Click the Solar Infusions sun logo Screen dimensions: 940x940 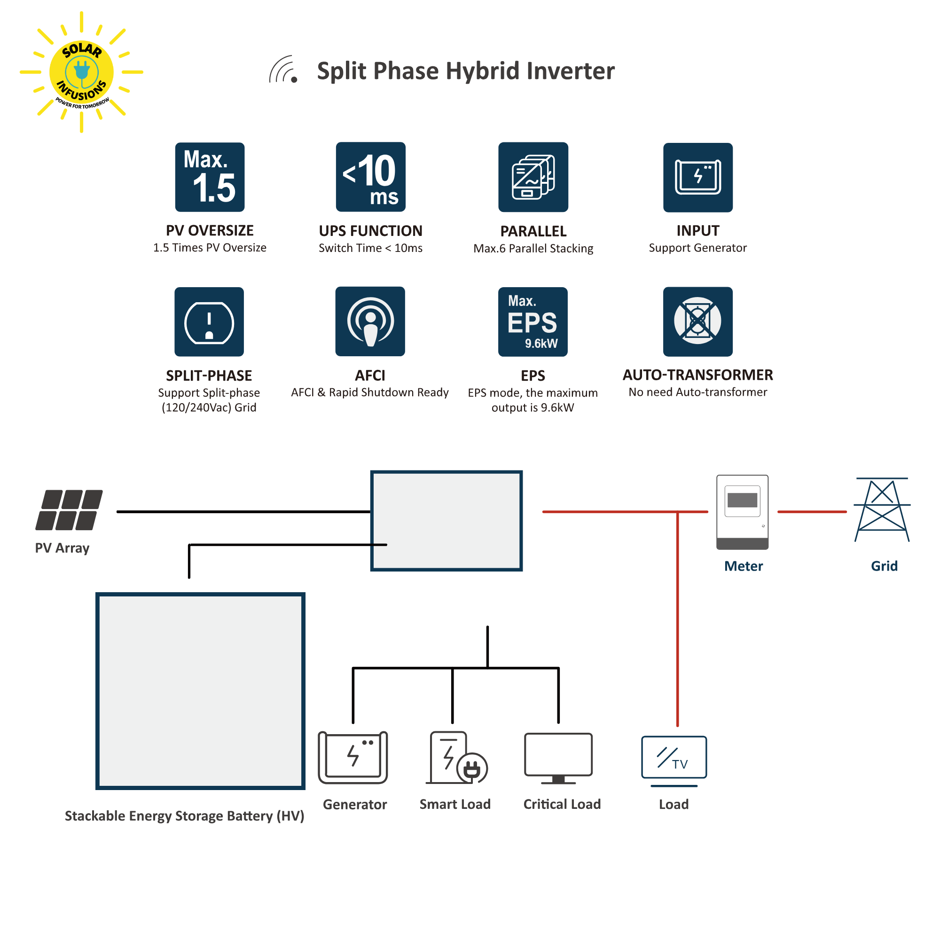(x=81, y=72)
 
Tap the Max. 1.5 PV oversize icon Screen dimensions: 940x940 (x=210, y=177)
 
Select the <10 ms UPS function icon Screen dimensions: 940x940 (x=370, y=177)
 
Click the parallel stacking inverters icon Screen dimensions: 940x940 (x=533, y=177)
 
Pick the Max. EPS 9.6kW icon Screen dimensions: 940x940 (x=533, y=321)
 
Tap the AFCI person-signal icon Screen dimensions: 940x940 (x=370, y=321)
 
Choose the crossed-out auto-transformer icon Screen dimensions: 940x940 (x=697, y=321)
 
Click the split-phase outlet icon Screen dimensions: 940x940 (x=209, y=321)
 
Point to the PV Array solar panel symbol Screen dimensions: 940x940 (x=69, y=510)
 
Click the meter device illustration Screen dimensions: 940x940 (x=742, y=512)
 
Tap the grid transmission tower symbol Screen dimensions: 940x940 (x=882, y=509)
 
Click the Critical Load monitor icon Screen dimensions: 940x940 (x=558, y=757)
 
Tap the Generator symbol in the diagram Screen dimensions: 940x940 (x=353, y=757)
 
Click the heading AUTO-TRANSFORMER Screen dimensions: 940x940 (x=697, y=375)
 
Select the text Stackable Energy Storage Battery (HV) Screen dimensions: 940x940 (x=184, y=816)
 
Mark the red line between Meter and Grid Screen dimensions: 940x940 (x=812, y=512)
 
